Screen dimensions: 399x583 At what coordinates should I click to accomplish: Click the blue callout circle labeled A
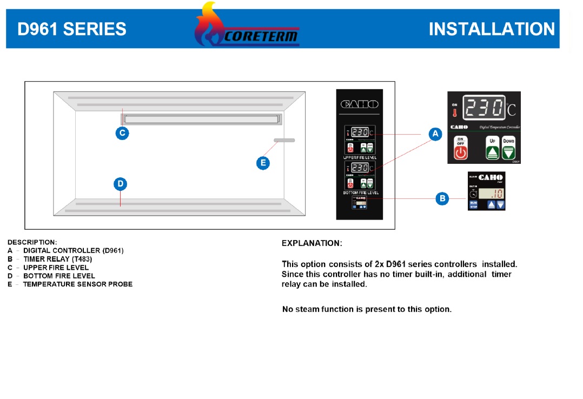click(x=435, y=133)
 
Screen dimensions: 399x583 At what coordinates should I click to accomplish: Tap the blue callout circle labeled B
click(x=442, y=199)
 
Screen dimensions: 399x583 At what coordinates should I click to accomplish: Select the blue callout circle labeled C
click(x=122, y=133)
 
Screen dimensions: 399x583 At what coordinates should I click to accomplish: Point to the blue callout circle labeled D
click(x=121, y=184)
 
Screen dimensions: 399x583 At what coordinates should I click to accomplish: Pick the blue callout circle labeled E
click(x=263, y=162)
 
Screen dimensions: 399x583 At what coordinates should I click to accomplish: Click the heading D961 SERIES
click(x=72, y=29)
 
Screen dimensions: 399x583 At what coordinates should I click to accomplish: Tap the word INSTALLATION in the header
click(x=492, y=29)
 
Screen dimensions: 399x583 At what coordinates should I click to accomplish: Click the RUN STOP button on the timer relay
click(x=473, y=204)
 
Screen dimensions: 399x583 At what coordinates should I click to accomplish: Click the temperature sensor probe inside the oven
click(x=284, y=141)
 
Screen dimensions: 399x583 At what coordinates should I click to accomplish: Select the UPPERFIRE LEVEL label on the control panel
click(x=360, y=157)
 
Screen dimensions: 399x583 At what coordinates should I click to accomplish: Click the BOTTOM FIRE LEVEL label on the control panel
click(x=361, y=192)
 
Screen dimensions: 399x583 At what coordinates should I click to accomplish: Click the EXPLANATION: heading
click(x=312, y=243)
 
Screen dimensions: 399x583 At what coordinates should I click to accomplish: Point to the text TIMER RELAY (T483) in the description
click(x=54, y=259)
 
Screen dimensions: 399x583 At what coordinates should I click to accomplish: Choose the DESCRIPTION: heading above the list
click(x=32, y=242)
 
